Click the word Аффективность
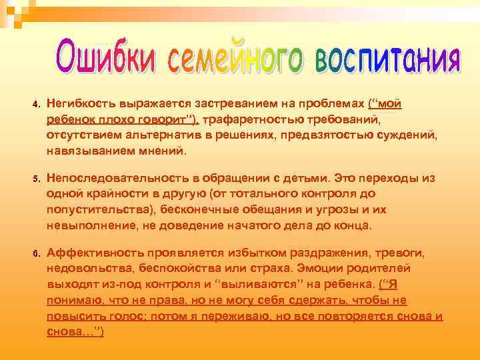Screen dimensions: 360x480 pyautogui.click(x=89, y=253)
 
